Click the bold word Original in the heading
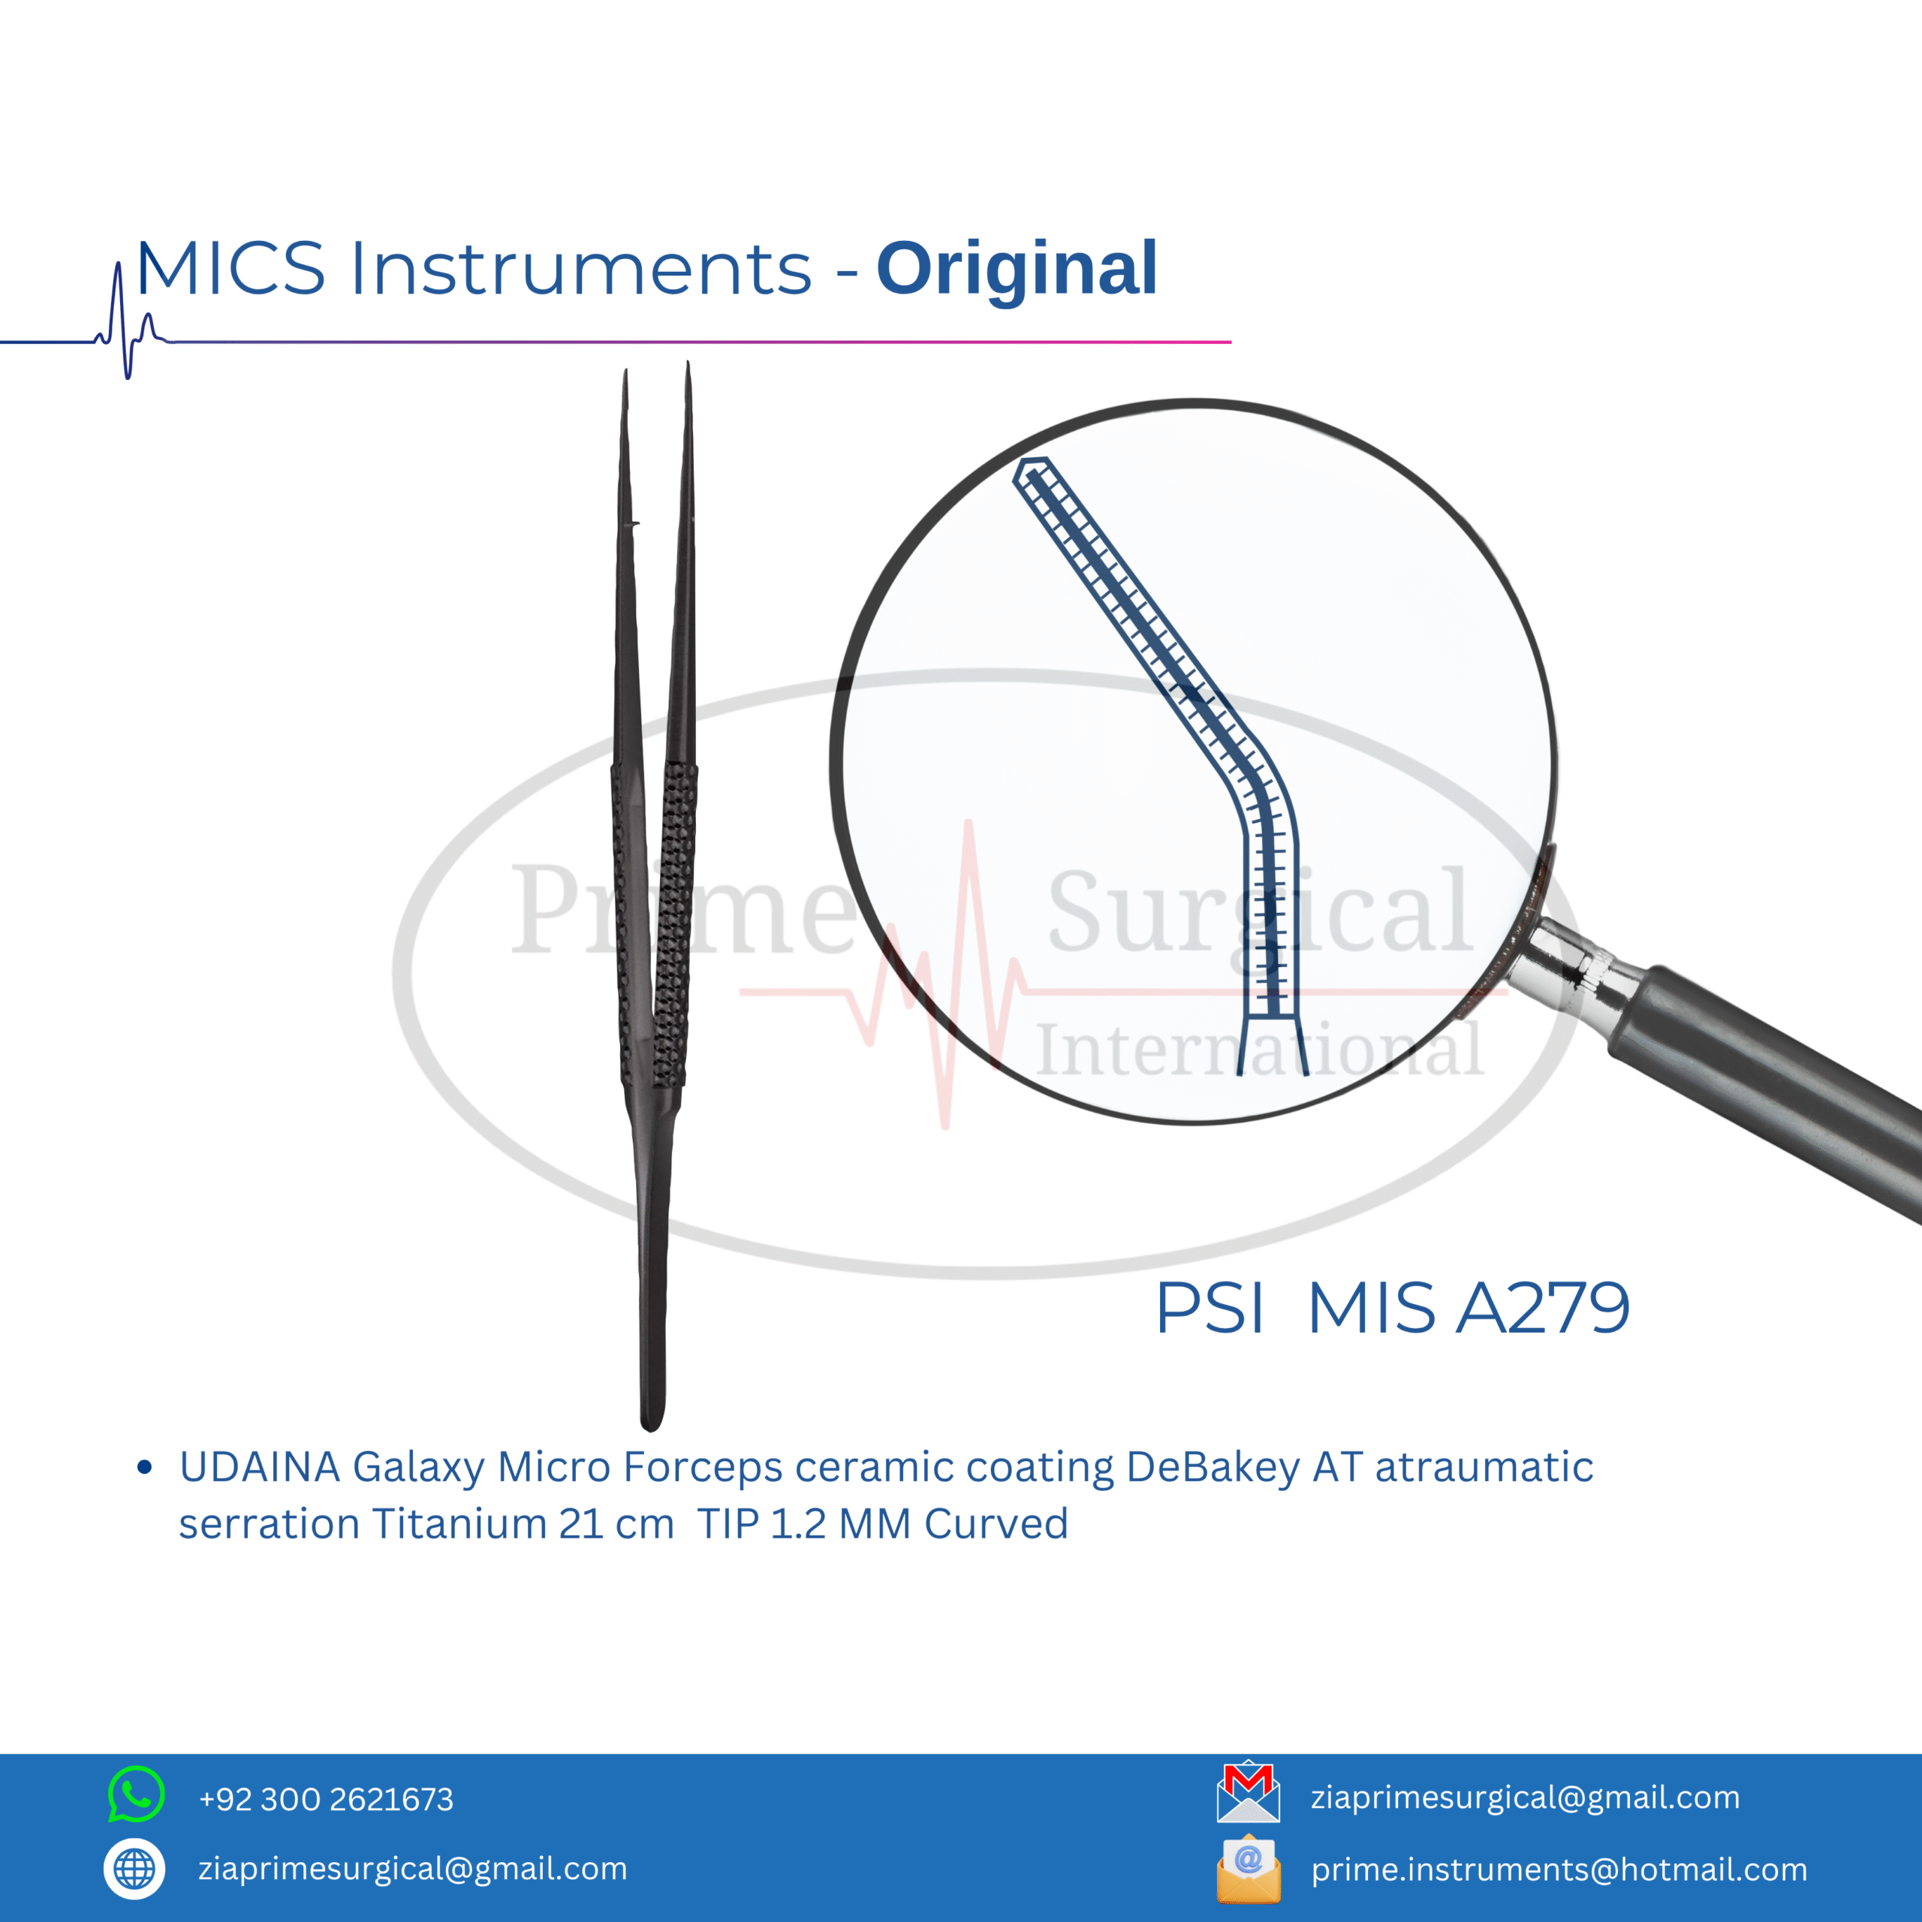tap(1017, 270)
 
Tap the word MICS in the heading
tap(230, 269)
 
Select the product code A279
tap(1543, 1307)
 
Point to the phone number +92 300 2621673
tap(327, 1799)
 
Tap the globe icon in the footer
tap(134, 1869)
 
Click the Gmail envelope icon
tap(1249, 1794)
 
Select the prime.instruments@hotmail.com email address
tap(1559, 1869)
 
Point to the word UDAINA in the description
tap(260, 1467)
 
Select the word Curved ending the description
tap(996, 1524)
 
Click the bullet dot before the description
tap(145, 1467)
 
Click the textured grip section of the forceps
tap(654, 925)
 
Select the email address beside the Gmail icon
tap(1525, 1797)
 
